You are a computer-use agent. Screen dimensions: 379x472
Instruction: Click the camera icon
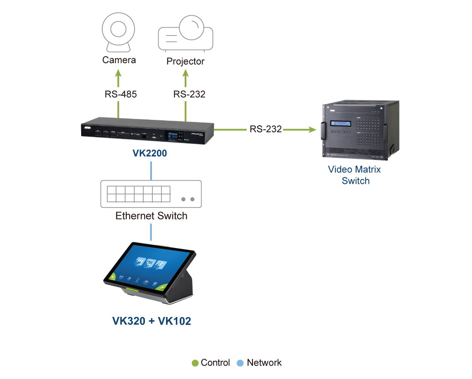(118, 33)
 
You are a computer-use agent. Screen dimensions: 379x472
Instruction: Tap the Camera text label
(119, 60)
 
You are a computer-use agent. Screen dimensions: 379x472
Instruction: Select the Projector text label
(185, 62)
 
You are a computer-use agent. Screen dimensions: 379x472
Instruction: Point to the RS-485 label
(120, 94)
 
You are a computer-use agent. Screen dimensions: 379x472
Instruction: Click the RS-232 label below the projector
(189, 94)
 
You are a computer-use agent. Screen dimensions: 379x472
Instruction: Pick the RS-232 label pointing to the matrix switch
(265, 129)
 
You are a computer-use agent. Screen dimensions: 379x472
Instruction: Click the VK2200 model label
(149, 153)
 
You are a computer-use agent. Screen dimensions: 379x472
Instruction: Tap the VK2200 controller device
(148, 131)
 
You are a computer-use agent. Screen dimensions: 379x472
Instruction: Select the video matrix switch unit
(359, 130)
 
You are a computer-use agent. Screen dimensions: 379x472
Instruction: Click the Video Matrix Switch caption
(354, 174)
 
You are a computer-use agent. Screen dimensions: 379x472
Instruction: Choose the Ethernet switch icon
(151, 194)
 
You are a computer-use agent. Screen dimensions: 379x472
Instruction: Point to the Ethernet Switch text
(151, 216)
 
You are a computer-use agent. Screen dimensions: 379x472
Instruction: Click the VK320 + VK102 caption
(152, 321)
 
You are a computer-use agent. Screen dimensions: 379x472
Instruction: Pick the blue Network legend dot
(240, 363)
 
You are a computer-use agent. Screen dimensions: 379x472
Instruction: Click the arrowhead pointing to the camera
(119, 74)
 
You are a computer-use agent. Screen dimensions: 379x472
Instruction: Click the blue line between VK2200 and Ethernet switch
(151, 170)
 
